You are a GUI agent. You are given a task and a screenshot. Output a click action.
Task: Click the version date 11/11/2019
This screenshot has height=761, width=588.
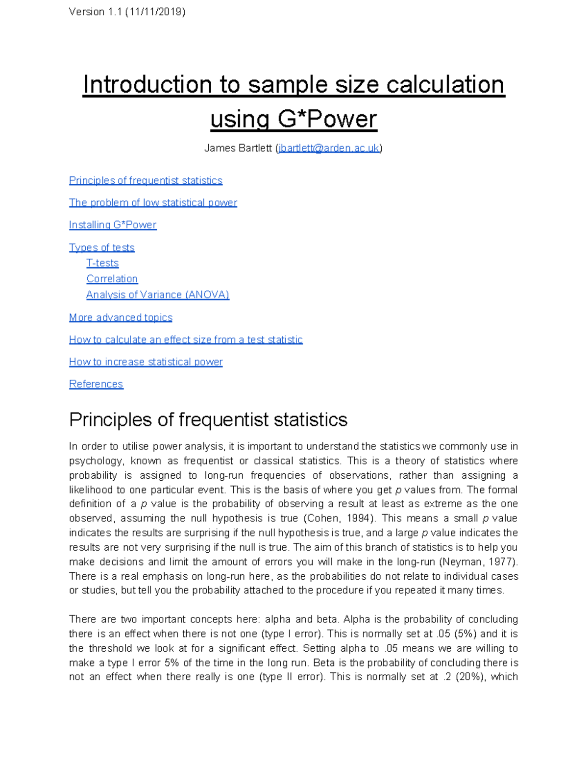click(x=155, y=12)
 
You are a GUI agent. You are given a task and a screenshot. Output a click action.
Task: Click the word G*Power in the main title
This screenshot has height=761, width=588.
click(x=327, y=119)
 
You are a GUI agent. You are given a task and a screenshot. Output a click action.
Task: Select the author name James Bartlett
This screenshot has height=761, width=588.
click(x=238, y=148)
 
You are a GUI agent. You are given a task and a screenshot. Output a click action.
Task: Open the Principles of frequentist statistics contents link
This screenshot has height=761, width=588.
click(x=146, y=180)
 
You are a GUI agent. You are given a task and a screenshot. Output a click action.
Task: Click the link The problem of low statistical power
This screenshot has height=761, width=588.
click(x=153, y=202)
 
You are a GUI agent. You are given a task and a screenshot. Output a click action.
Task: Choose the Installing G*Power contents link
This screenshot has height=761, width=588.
click(x=113, y=225)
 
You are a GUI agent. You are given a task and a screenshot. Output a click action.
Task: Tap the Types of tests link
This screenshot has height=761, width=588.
click(x=101, y=247)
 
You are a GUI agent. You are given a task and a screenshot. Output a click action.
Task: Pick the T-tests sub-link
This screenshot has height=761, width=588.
click(x=102, y=263)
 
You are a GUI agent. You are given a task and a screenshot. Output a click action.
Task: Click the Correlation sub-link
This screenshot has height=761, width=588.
click(x=112, y=279)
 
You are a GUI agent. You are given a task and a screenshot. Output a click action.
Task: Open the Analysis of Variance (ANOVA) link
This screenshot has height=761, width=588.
click(x=158, y=295)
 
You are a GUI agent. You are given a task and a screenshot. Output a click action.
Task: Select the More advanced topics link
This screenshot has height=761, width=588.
click(x=121, y=318)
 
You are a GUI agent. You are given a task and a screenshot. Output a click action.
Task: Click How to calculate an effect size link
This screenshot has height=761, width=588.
click(x=186, y=340)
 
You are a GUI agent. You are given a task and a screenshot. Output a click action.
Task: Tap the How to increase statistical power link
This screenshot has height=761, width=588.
click(x=146, y=362)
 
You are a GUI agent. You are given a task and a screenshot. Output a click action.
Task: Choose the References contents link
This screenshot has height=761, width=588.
click(x=96, y=384)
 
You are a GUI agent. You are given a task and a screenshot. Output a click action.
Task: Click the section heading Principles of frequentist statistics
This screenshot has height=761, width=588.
click(x=208, y=420)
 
